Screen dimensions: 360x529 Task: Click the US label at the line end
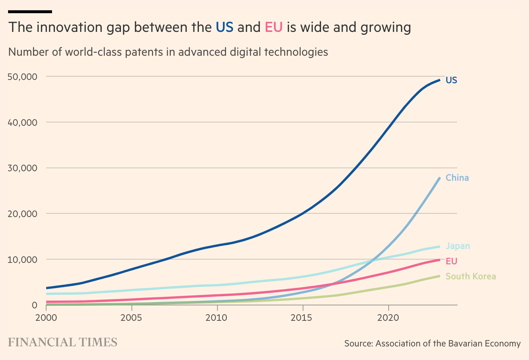(x=451, y=80)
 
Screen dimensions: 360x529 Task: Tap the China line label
(x=457, y=178)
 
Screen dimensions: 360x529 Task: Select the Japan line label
(x=458, y=246)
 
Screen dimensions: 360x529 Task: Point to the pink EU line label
(x=451, y=261)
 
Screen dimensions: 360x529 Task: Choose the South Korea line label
(x=471, y=276)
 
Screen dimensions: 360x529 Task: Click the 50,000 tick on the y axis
(x=22, y=77)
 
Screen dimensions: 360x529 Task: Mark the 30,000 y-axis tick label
(x=22, y=168)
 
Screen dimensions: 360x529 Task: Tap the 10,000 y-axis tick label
(x=22, y=260)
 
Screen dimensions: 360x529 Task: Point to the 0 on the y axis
(x=34, y=305)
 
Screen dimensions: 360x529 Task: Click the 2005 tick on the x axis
(x=132, y=317)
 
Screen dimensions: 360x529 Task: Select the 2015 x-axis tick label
(x=303, y=317)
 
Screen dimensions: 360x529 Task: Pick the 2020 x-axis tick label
(x=388, y=317)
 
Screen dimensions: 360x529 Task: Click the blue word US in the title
(x=224, y=27)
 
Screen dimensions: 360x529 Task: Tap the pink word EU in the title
(x=273, y=27)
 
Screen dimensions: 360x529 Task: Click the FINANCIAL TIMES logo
(x=63, y=342)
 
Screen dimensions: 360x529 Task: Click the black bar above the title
(x=30, y=12)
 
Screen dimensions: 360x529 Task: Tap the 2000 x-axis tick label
(x=46, y=317)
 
